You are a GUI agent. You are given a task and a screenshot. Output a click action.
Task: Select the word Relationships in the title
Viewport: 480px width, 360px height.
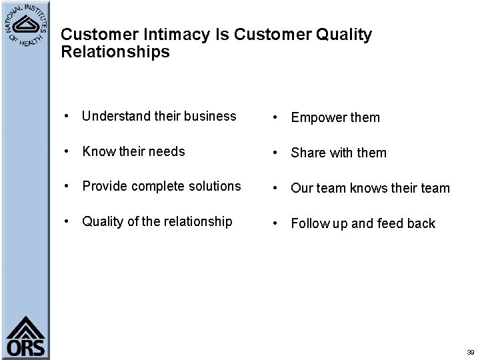115,52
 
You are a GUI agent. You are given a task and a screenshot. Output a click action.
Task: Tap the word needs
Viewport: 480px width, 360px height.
167,151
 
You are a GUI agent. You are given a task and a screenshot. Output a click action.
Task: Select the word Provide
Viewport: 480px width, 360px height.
103,186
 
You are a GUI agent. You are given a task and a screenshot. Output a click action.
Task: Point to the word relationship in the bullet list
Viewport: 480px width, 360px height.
197,221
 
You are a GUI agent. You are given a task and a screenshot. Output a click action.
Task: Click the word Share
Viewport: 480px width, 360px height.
307,153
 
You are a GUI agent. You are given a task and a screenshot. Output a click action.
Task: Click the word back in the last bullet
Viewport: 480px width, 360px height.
421,224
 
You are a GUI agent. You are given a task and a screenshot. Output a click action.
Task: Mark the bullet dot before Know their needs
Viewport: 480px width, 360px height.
69,152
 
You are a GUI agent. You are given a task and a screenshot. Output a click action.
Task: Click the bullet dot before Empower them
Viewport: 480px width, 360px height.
277,119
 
